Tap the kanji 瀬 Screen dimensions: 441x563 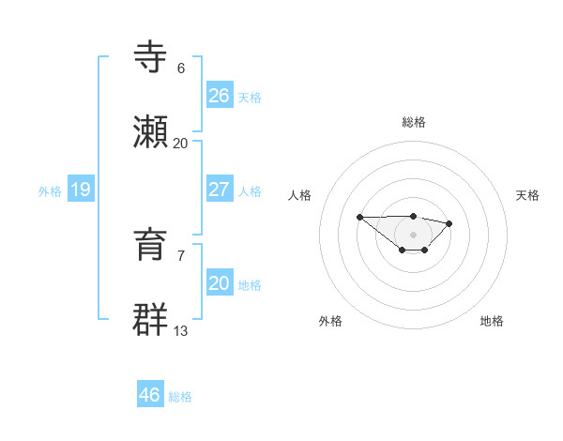[x=151, y=133]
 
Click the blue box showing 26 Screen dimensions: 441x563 [x=220, y=96]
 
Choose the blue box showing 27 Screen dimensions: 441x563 [x=220, y=190]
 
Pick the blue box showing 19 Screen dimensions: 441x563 [x=81, y=190]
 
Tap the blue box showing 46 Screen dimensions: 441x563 [x=150, y=395]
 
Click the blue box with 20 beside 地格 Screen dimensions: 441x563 [x=220, y=283]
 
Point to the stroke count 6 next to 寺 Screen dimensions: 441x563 [x=181, y=68]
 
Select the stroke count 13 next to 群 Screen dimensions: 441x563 [x=181, y=330]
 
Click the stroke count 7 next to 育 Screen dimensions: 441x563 [x=181, y=255]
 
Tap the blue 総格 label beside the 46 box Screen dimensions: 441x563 [x=180, y=397]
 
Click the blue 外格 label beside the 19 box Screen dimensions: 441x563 [x=50, y=191]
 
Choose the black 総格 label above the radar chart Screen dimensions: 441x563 [x=414, y=122]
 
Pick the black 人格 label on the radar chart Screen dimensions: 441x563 [x=300, y=195]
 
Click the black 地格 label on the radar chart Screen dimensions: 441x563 [x=492, y=321]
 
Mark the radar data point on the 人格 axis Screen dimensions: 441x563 [x=360, y=217]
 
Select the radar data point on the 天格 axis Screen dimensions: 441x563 [x=449, y=223]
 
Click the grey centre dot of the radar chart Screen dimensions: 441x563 [x=414, y=234]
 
